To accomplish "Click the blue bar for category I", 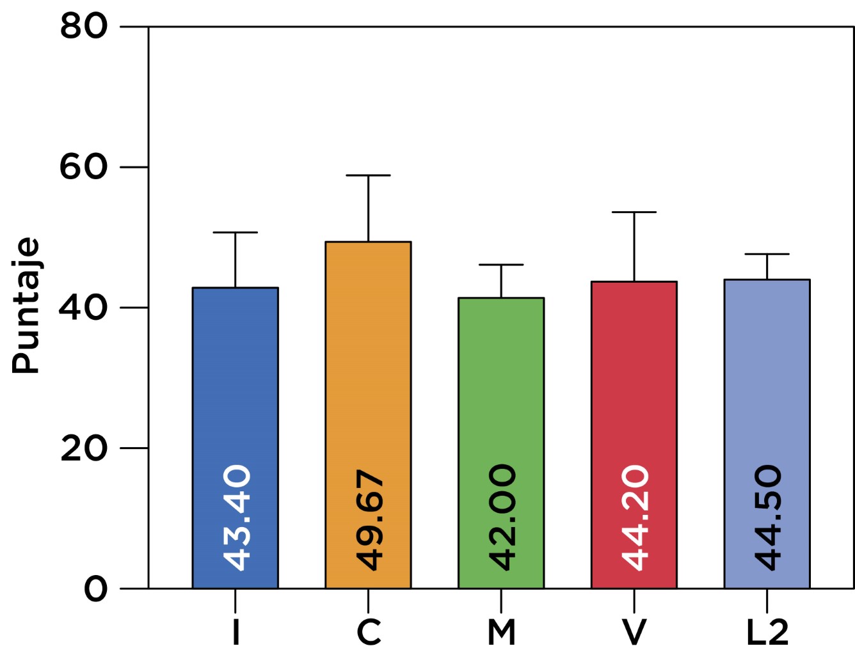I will pyautogui.click(x=235, y=384).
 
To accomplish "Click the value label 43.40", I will pyautogui.click(x=237, y=517).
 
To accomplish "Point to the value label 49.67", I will pyautogui.click(x=369, y=519).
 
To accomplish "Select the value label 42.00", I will pyautogui.click(x=502, y=517).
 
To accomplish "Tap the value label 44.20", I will pyautogui.click(x=635, y=517).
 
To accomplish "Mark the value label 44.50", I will pyautogui.click(x=768, y=517).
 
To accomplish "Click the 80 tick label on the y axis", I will pyautogui.click(x=84, y=27).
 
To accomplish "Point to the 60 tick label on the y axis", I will pyautogui.click(x=84, y=167).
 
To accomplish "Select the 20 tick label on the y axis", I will pyautogui.click(x=84, y=448).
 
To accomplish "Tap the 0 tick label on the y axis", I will pyautogui.click(x=96, y=588).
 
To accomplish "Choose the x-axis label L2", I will pyautogui.click(x=767, y=633).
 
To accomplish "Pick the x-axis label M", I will pyautogui.click(x=501, y=633).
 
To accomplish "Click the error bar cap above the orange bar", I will pyautogui.click(x=368, y=175).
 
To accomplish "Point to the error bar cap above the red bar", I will pyautogui.click(x=634, y=212).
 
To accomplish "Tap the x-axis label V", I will pyautogui.click(x=634, y=633).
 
